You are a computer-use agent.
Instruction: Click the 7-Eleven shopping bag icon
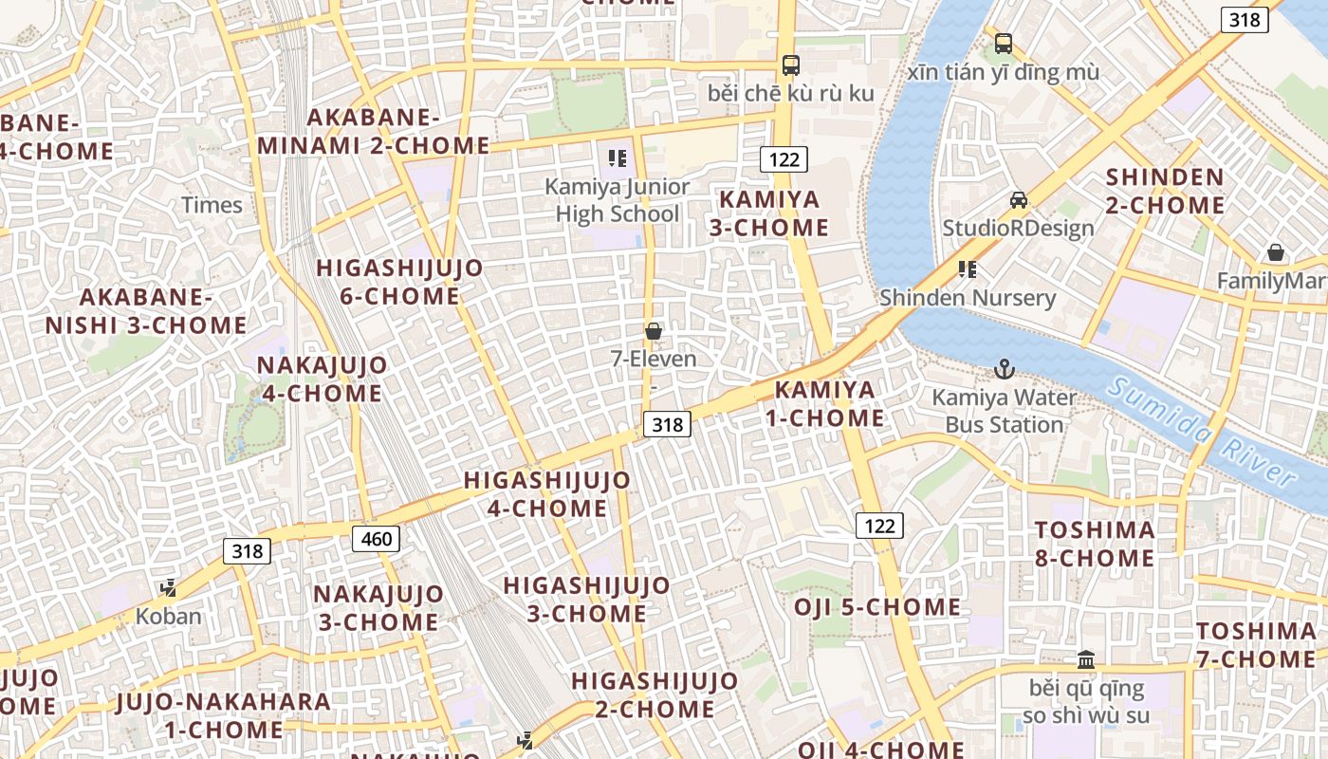[x=653, y=331]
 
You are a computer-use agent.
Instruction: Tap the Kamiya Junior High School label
[x=618, y=200]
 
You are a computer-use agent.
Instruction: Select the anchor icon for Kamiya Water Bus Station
[x=1004, y=368]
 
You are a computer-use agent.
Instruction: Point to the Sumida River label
[x=1203, y=433]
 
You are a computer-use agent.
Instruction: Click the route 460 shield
[x=376, y=539]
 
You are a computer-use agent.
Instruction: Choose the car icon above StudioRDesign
[x=1018, y=200]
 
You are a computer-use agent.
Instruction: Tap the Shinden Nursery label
[x=967, y=298]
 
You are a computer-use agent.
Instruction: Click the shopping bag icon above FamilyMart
[x=1276, y=252]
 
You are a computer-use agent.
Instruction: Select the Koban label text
[x=169, y=616]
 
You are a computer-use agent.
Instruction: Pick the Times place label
[x=212, y=205]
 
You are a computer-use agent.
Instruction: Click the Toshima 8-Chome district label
[x=1095, y=544]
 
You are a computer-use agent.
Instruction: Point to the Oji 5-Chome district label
[x=877, y=607]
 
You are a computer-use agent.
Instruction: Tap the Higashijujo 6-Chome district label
[x=399, y=282]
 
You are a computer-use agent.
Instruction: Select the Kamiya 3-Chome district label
[x=773, y=213]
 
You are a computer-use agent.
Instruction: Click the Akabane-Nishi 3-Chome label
[x=146, y=311]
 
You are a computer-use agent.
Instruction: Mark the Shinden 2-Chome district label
[x=1165, y=191]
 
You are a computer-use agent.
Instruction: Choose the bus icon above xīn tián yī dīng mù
[x=1003, y=43]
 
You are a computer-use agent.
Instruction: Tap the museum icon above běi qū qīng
[x=1086, y=658]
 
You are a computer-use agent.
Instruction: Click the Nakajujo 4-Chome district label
[x=322, y=379]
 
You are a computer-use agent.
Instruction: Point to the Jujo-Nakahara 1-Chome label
[x=224, y=716]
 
